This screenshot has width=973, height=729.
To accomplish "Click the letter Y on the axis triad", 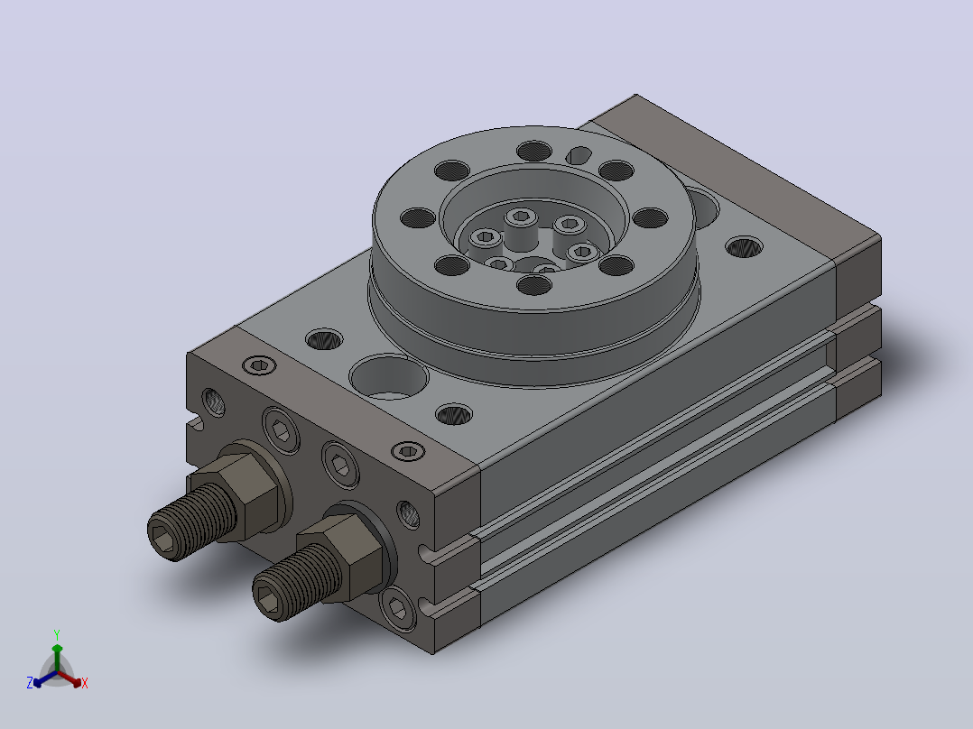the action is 57,634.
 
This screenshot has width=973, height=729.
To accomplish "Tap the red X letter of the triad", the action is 85,683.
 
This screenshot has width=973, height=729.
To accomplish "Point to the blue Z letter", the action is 30,682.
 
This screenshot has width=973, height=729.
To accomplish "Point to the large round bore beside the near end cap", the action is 389,377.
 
